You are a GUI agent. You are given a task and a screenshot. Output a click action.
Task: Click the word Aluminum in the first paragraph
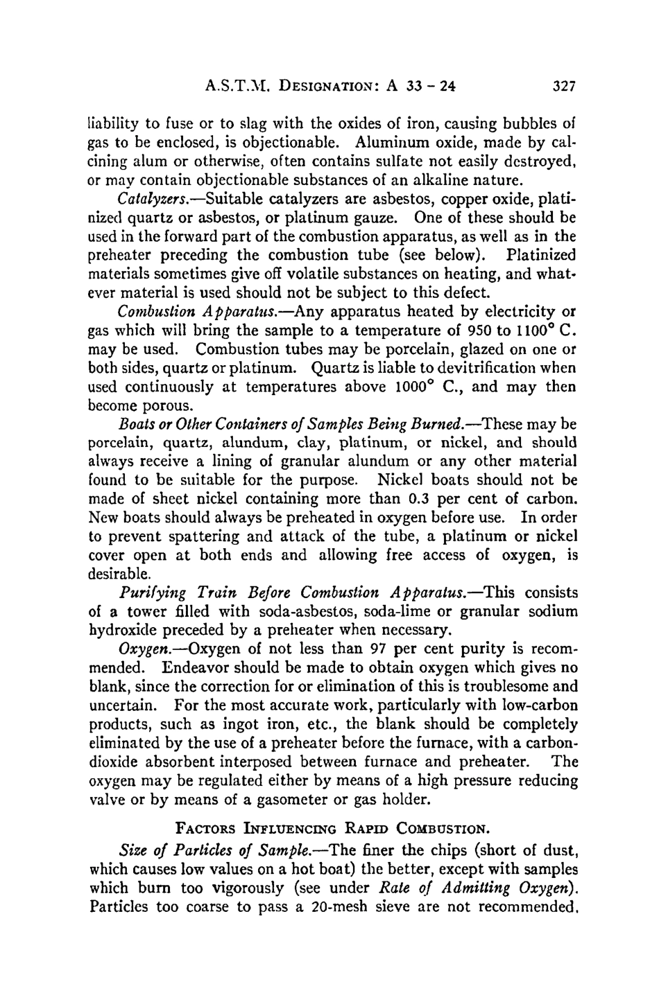pos(382,143)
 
